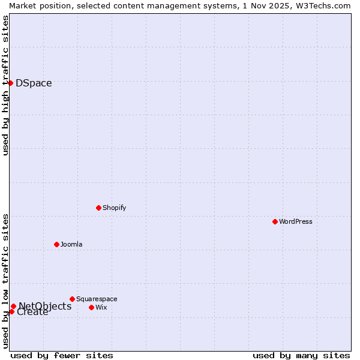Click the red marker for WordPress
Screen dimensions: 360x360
point(275,221)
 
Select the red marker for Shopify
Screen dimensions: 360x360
point(98,208)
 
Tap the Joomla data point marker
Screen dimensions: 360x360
point(56,244)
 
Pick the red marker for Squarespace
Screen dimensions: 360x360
point(72,299)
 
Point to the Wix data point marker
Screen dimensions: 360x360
point(91,307)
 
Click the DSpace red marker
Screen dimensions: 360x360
point(10,83)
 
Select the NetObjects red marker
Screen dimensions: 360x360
point(13,307)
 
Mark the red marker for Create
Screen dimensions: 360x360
point(11,311)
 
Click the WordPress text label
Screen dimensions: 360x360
point(296,221)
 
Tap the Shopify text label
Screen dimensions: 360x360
point(114,208)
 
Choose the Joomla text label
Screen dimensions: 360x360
point(71,244)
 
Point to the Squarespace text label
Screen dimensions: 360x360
point(97,299)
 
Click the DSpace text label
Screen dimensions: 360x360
point(34,83)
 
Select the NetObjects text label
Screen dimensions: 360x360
point(45,306)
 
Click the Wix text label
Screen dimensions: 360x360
point(101,307)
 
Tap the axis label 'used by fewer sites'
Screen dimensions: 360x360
point(62,355)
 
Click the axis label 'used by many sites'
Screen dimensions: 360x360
point(301,355)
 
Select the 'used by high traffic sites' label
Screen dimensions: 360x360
point(5,85)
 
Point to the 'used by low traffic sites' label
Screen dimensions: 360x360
point(5,281)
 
